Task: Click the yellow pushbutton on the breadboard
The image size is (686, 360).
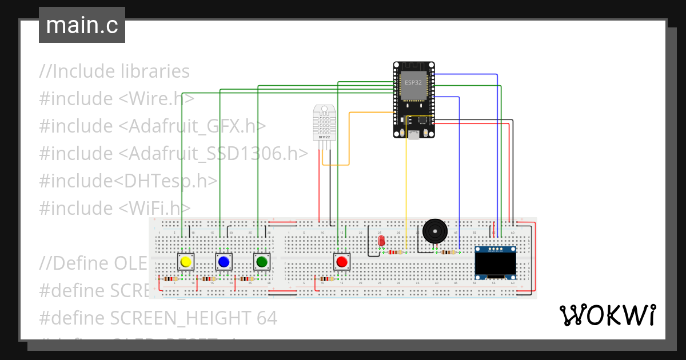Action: coord(185,262)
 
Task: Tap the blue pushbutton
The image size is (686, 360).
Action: coord(224,262)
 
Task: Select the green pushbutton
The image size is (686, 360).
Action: coord(262,262)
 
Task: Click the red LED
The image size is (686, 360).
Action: coord(381,241)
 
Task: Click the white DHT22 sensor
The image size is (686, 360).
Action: coord(324,122)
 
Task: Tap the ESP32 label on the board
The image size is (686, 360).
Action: coord(413,82)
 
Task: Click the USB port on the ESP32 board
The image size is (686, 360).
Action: coord(413,134)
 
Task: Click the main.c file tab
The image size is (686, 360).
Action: coord(82,26)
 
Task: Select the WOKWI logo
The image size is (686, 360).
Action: coord(607,315)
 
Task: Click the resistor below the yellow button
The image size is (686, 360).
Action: coord(170,279)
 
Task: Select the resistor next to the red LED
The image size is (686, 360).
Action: coord(395,251)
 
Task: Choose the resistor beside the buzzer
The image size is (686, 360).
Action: coord(449,251)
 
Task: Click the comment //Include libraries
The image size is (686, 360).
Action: coord(114,71)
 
